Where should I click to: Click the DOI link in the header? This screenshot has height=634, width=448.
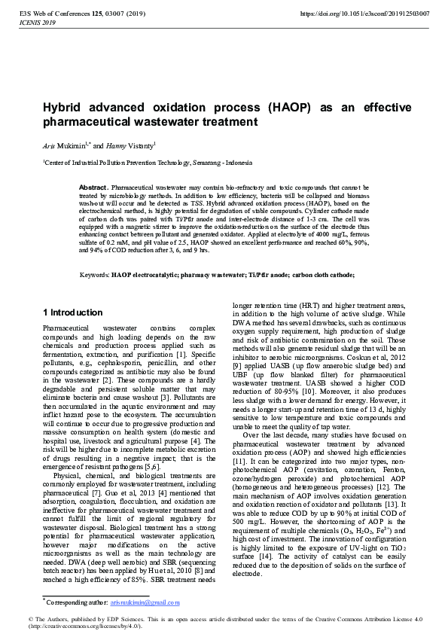364,14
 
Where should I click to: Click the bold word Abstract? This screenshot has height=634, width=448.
93,186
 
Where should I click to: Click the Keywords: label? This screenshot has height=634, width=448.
94,276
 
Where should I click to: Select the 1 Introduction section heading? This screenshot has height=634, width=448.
72,312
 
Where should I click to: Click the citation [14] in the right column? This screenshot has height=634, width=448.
272,555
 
